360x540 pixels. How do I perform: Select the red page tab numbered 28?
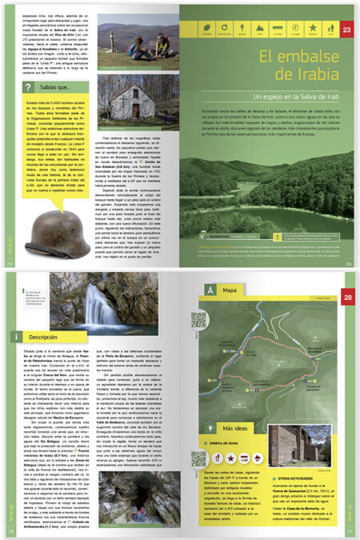[x=346, y=276]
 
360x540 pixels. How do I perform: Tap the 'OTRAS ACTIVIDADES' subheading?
[x=303, y=458]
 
